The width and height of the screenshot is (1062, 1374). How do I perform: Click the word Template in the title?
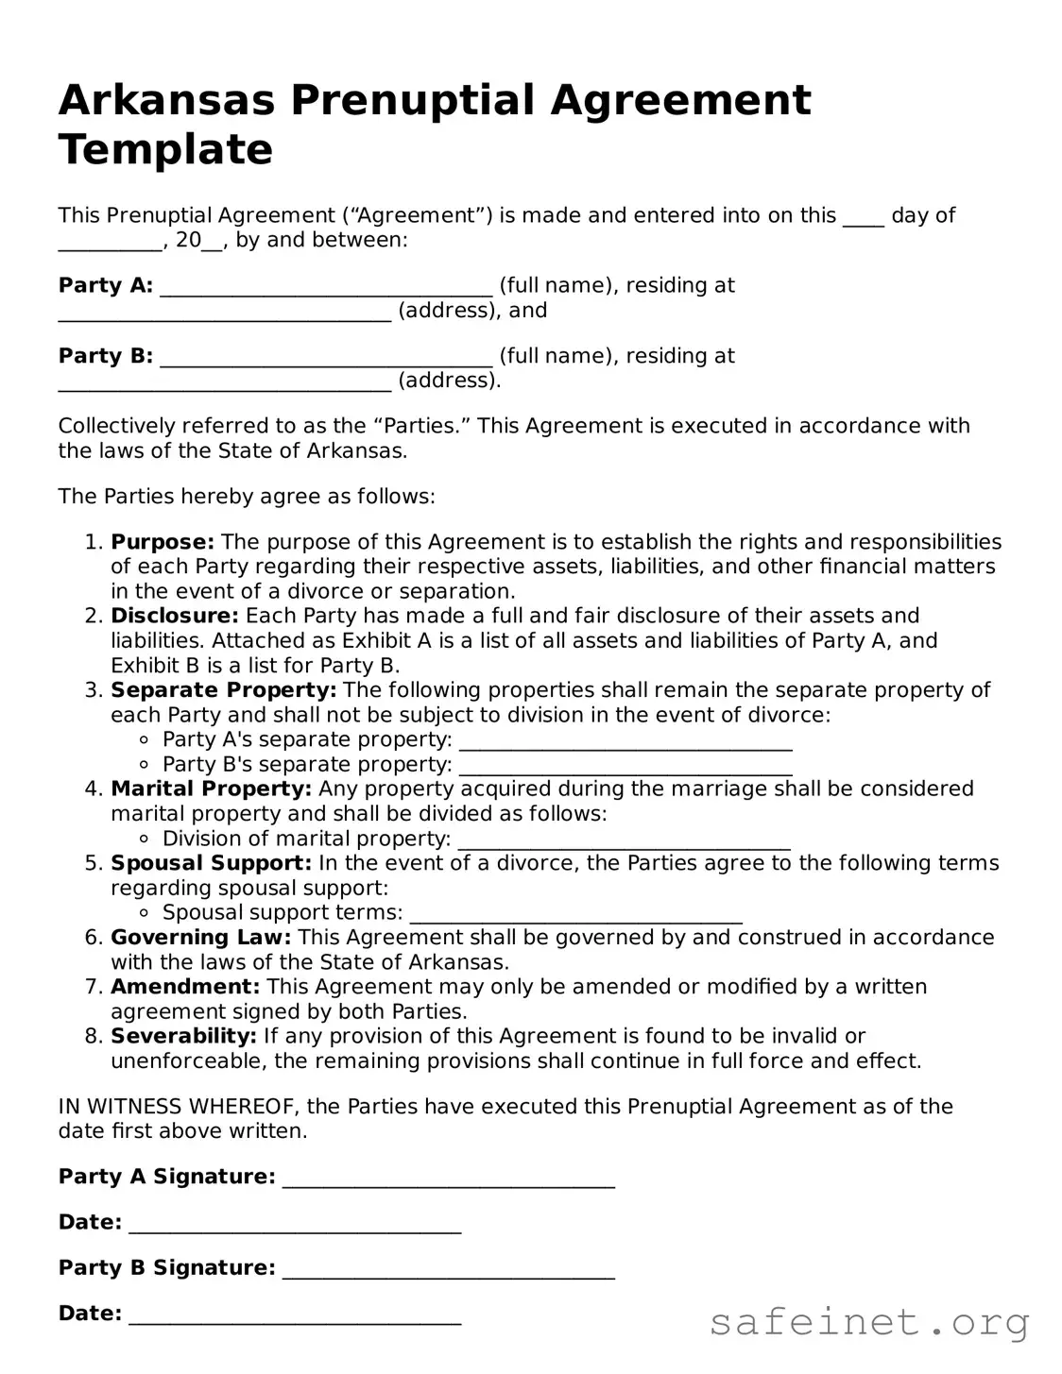(x=165, y=150)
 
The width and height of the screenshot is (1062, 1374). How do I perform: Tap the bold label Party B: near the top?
(x=106, y=356)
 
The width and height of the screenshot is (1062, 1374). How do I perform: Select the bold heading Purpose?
(x=163, y=542)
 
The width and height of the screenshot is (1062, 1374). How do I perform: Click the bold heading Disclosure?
(x=175, y=616)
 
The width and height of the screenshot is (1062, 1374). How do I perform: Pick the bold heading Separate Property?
(x=224, y=690)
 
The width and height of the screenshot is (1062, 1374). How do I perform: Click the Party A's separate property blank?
(x=625, y=742)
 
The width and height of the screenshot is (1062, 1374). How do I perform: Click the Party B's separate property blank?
(x=625, y=767)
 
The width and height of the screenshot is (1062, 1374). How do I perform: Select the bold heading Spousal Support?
(x=211, y=863)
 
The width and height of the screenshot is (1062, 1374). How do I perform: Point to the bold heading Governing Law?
(x=201, y=938)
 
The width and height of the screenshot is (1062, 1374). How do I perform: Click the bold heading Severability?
(x=183, y=1036)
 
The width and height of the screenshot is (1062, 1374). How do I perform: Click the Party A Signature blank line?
(x=449, y=1179)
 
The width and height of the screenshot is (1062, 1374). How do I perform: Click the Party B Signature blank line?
(x=449, y=1270)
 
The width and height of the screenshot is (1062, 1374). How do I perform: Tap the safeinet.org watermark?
(x=869, y=1322)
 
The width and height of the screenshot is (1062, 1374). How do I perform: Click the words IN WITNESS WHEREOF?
(x=179, y=1107)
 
